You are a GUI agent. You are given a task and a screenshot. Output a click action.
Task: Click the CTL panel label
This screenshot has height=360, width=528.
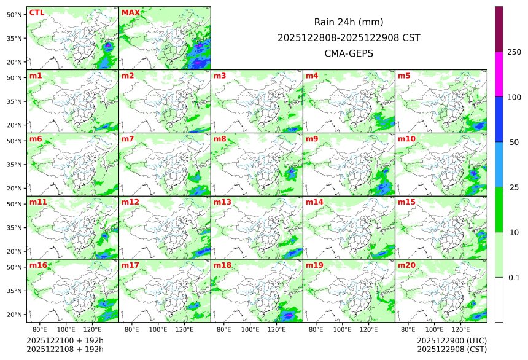[36, 13]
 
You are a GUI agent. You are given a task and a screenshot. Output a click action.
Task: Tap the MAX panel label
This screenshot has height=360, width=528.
[130, 13]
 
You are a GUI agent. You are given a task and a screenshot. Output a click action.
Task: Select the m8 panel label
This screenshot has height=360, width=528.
[220, 139]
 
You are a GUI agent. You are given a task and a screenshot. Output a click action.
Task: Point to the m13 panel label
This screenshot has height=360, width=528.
[222, 202]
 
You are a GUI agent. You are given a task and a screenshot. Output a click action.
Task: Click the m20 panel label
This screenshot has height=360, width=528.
[406, 265]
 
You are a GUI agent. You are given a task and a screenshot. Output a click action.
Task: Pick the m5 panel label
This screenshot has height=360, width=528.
[404, 76]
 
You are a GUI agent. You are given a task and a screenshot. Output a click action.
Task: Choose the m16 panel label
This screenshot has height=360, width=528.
[38, 265]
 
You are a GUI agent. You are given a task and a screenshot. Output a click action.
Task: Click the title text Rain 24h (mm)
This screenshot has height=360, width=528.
[349, 22]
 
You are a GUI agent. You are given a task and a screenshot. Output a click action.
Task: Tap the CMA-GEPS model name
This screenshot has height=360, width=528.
[349, 53]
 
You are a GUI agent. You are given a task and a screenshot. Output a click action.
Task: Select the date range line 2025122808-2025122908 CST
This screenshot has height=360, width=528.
[349, 37]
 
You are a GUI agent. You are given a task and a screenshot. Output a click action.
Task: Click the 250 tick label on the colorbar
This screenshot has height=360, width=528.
[514, 52]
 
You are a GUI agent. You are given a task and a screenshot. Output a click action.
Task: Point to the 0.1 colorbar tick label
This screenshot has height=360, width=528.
[514, 278]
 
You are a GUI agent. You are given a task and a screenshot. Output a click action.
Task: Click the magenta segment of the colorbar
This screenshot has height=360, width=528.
[499, 74]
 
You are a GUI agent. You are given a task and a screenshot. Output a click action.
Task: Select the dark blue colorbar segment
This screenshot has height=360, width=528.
[499, 119]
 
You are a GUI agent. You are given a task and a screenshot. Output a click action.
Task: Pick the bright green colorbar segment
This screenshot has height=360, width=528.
[499, 209]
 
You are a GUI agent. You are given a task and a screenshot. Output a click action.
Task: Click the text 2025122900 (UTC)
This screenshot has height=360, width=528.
[452, 340]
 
